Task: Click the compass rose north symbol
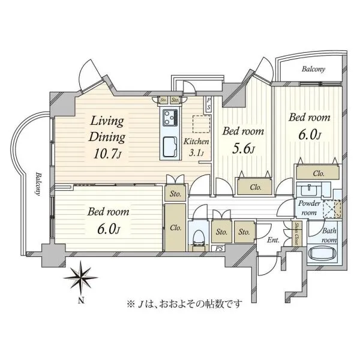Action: click(81, 277)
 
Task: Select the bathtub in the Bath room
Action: click(323, 253)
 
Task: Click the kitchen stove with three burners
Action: click(170, 118)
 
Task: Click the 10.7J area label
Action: click(107, 154)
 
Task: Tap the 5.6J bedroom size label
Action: click(244, 149)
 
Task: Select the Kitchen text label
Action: click(196, 142)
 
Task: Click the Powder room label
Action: click(309, 208)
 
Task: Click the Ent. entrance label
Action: click(274, 241)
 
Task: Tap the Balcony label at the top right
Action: click(313, 69)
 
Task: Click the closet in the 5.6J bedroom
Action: click(255, 187)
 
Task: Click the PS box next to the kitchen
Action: click(208, 104)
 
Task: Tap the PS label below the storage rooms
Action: click(219, 248)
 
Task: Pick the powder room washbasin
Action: click(309, 190)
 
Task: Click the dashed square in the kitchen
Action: click(202, 124)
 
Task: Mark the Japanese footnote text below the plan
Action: click(184, 304)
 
